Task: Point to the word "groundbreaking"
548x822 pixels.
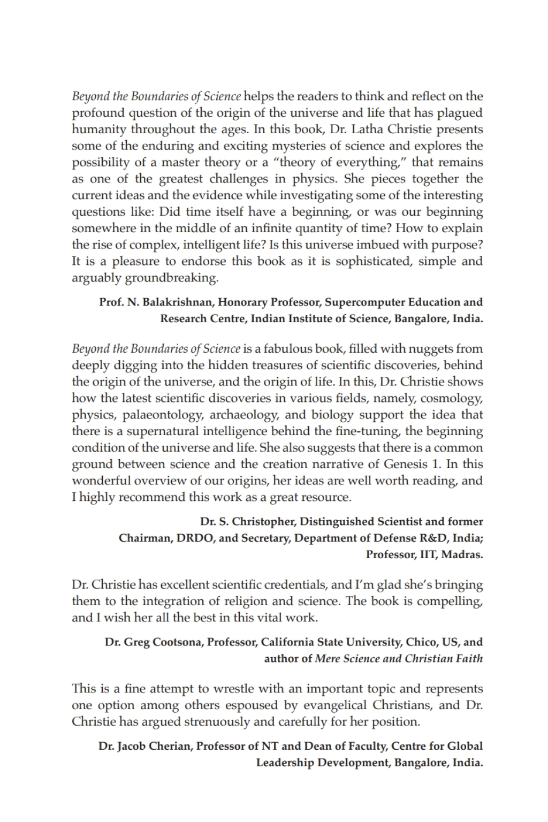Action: click(x=171, y=278)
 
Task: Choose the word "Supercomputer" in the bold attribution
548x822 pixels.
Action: click(x=365, y=302)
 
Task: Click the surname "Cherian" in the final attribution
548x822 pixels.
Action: click(x=169, y=746)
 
